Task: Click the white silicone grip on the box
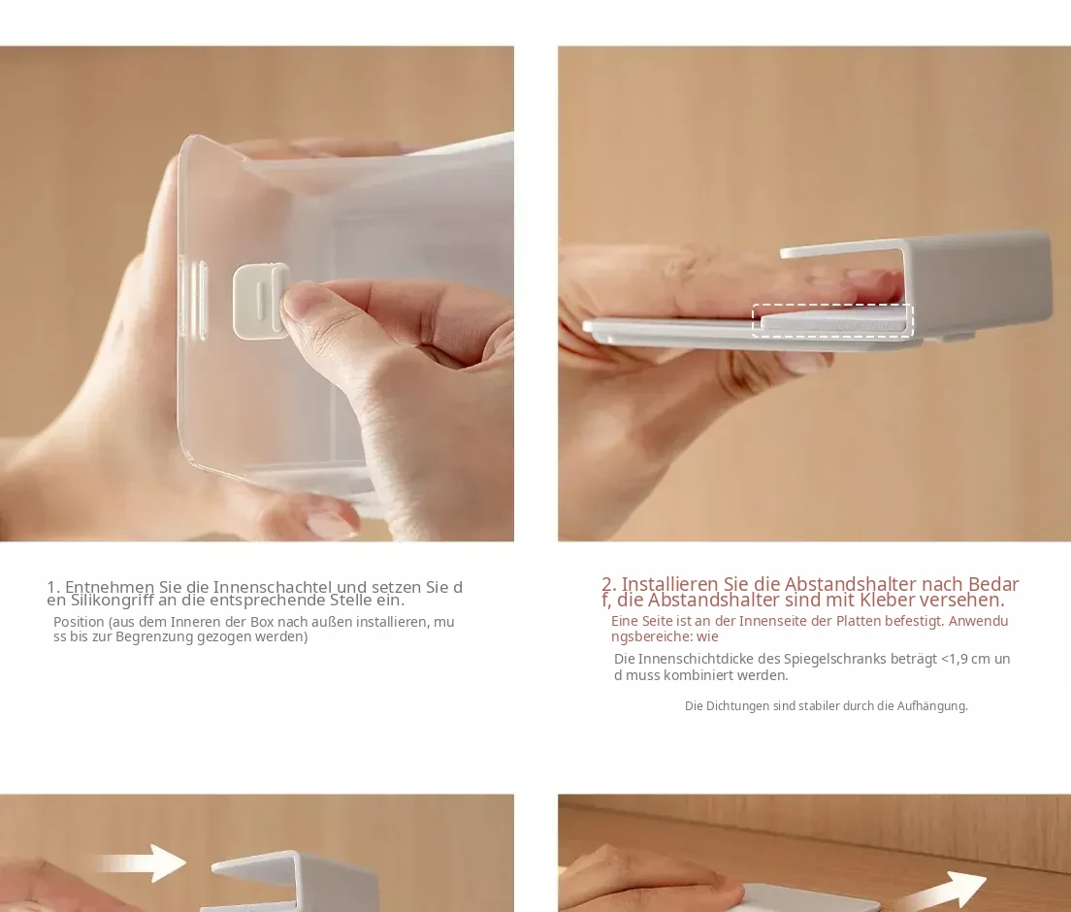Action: point(260,302)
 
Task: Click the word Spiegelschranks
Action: point(832,659)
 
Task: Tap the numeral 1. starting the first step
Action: point(54,587)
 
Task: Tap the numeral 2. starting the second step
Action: point(609,584)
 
